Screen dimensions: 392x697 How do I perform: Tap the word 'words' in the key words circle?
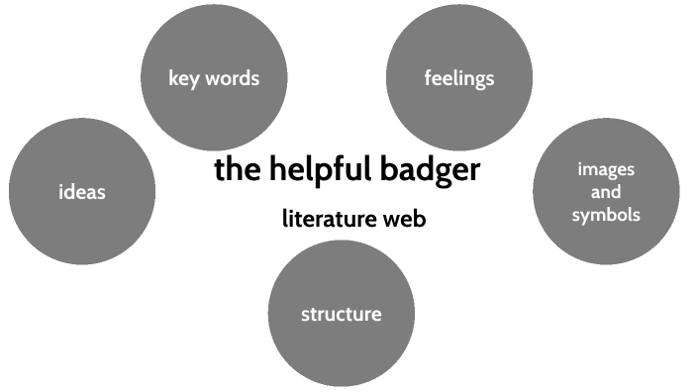click(x=232, y=77)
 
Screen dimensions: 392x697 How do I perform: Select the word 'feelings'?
click(x=458, y=77)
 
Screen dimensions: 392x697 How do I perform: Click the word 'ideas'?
click(x=81, y=191)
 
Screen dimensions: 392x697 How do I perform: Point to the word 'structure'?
click(x=341, y=315)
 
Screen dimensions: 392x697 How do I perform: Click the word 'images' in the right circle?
click(x=606, y=168)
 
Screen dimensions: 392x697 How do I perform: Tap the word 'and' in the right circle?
click(x=606, y=192)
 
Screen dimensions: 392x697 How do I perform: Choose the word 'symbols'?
click(x=606, y=215)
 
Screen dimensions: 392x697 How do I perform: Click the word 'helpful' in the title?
click(x=319, y=170)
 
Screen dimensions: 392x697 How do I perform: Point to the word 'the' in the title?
click(x=237, y=170)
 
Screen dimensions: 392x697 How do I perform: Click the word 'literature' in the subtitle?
click(x=330, y=219)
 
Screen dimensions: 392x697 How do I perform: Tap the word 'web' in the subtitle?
click(x=406, y=219)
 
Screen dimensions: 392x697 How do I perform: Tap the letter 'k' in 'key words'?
click(x=173, y=76)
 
